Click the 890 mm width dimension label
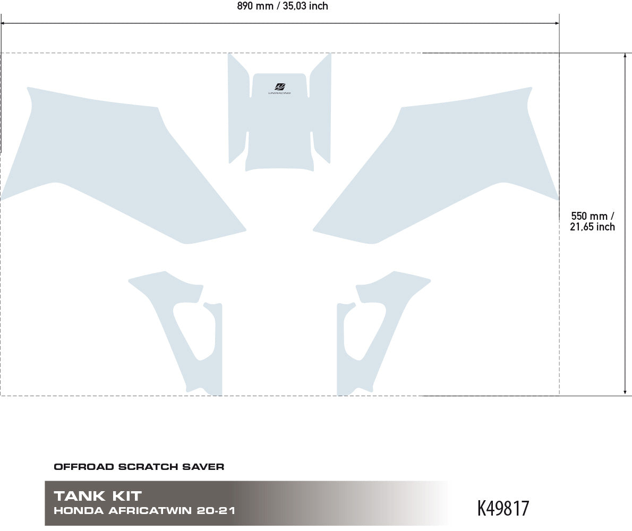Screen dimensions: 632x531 tap(283, 6)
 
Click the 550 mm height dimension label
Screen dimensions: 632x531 tap(593, 221)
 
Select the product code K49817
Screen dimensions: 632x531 tap(503, 508)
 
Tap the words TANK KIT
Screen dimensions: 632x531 tap(98, 495)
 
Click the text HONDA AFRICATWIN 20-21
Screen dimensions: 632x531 tap(144, 510)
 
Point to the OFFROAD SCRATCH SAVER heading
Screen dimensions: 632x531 tap(139, 467)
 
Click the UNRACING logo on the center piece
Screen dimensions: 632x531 tap(280, 89)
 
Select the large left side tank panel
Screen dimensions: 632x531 tap(121, 165)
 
